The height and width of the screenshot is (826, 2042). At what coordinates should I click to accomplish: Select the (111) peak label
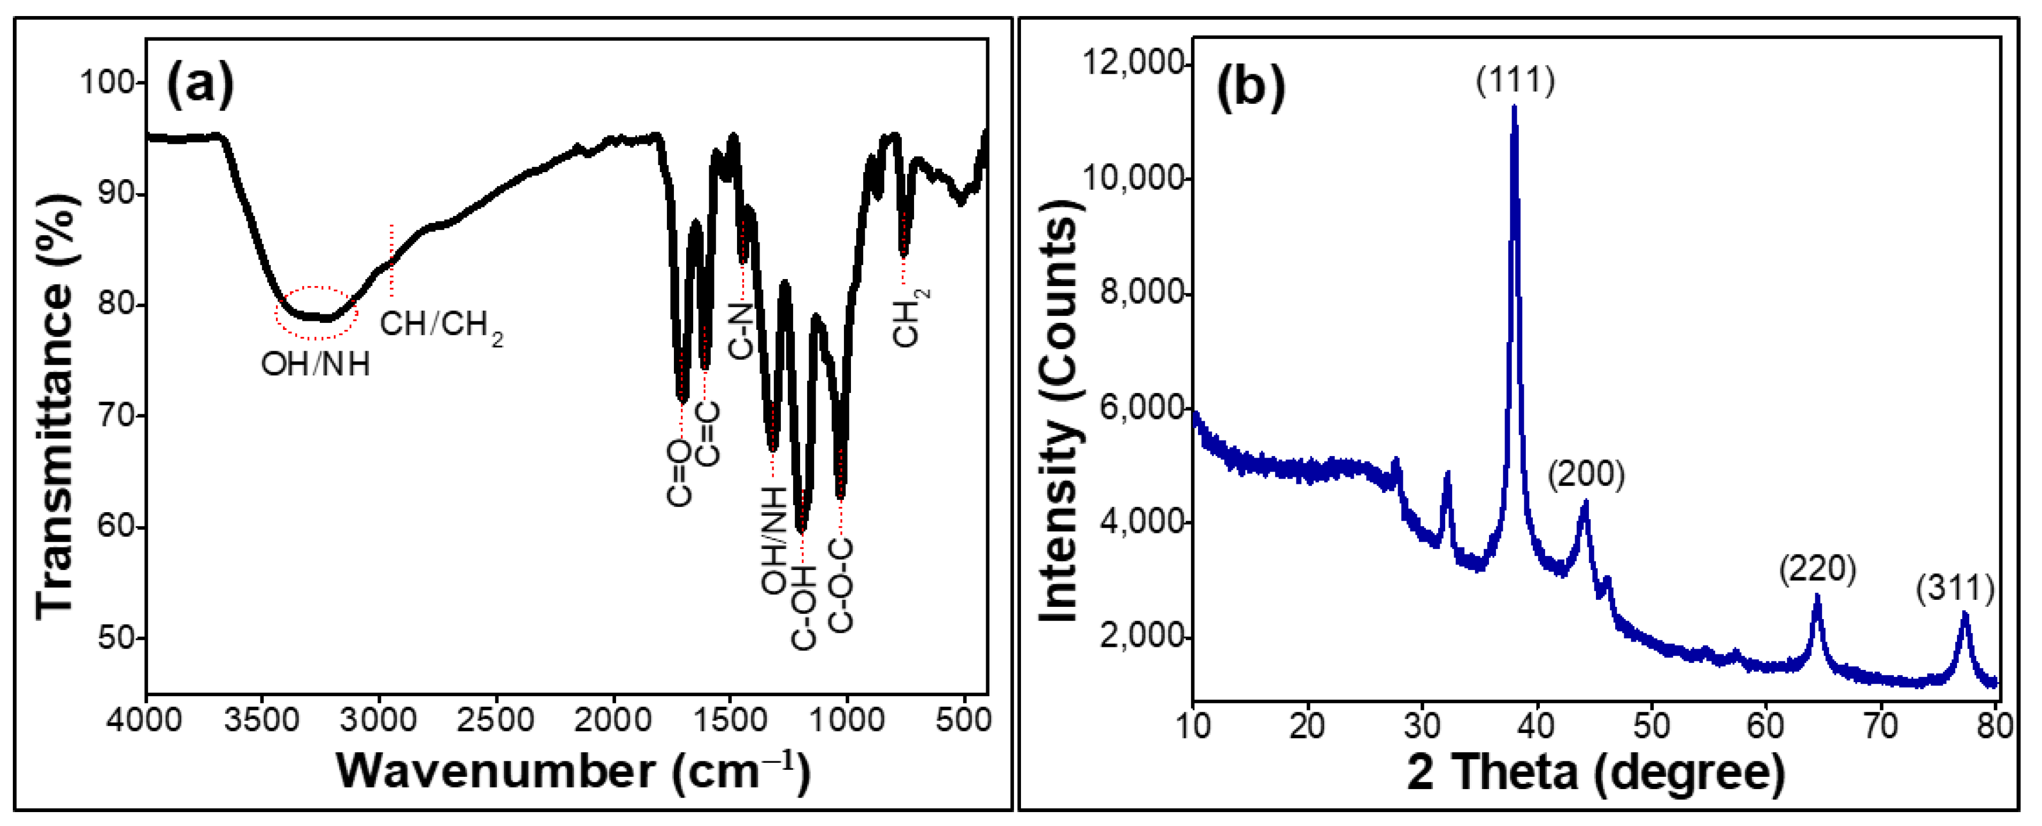click(x=1515, y=80)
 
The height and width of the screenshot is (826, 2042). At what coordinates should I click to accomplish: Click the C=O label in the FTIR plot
click(x=679, y=473)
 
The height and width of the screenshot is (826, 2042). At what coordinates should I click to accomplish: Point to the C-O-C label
click(x=841, y=586)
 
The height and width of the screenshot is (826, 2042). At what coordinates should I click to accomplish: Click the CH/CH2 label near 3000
click(x=441, y=326)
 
